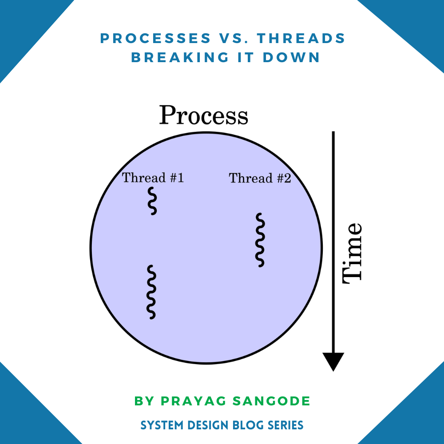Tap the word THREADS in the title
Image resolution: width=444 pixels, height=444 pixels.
(301, 39)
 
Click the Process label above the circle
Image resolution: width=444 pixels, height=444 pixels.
(203, 115)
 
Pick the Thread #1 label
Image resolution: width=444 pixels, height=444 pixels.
(153, 178)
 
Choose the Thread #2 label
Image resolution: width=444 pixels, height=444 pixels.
(260, 178)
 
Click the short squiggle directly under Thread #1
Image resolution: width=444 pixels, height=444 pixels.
(152, 201)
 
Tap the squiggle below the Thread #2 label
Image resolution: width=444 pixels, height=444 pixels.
(260, 240)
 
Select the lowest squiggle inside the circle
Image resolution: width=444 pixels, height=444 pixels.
(151, 292)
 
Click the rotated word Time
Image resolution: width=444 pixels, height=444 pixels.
(353, 252)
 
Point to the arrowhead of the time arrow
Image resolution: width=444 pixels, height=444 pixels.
(333, 361)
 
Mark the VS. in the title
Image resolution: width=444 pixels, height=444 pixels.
(233, 39)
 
